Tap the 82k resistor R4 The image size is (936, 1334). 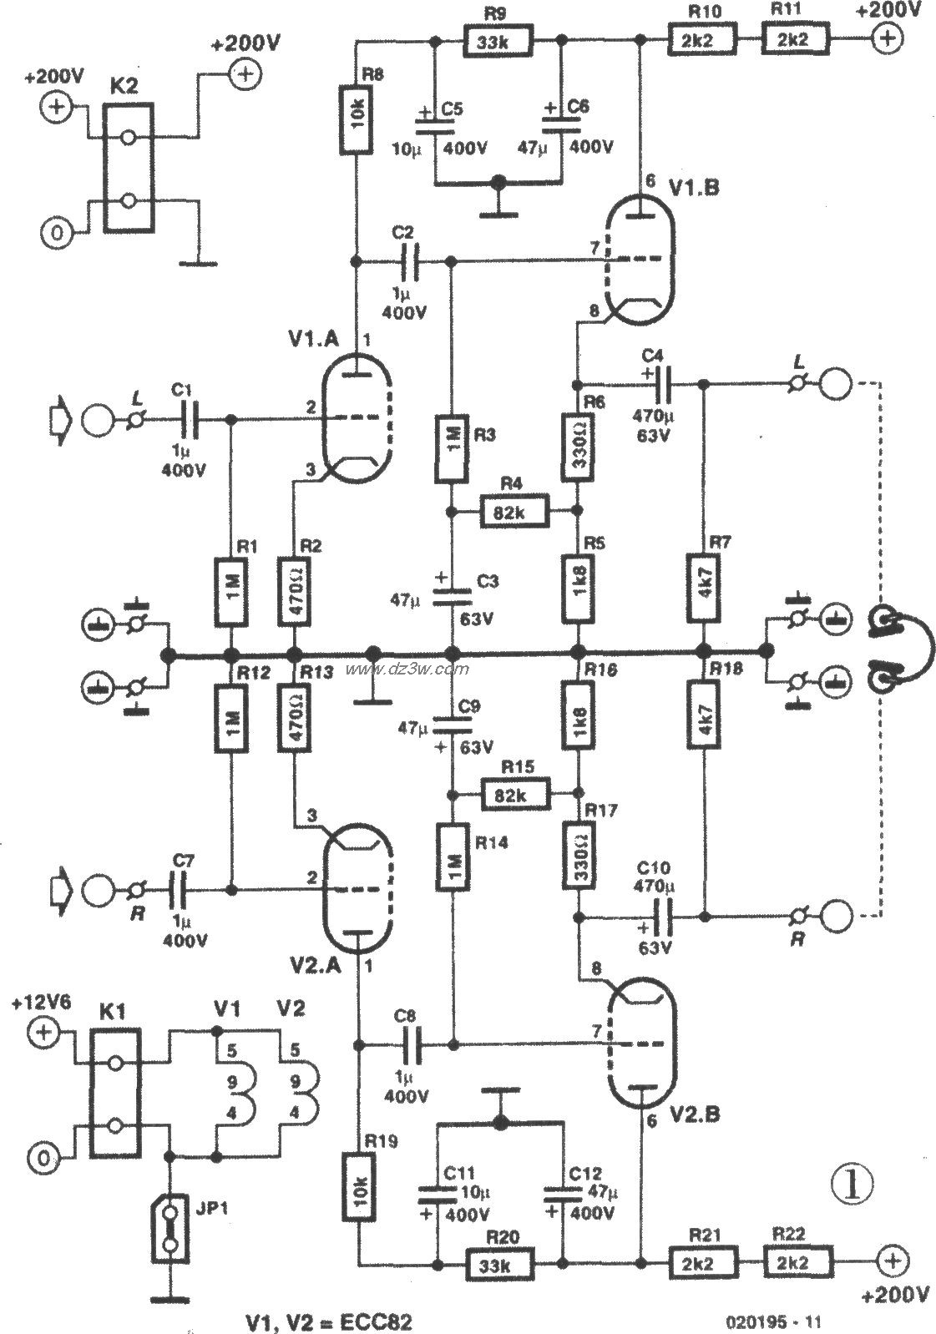click(514, 512)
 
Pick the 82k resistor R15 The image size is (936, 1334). click(515, 795)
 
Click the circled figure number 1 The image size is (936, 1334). click(851, 1183)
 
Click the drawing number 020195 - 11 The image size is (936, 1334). click(774, 1321)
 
